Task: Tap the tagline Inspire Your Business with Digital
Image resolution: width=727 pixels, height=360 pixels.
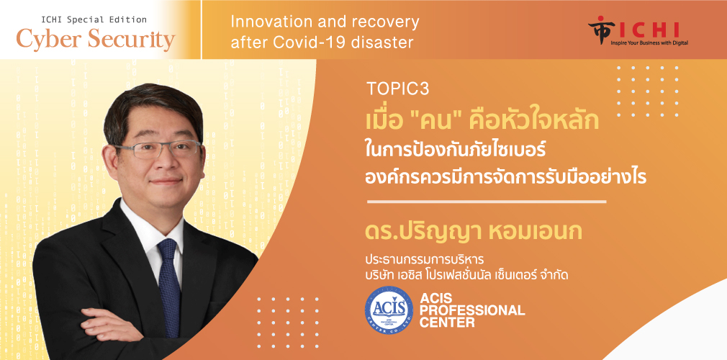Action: point(649,42)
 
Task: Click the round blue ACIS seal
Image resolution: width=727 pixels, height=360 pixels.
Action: point(389,310)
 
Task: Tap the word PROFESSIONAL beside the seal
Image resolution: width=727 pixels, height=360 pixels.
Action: point(472,310)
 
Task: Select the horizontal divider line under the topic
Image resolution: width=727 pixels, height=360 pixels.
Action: point(487,202)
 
